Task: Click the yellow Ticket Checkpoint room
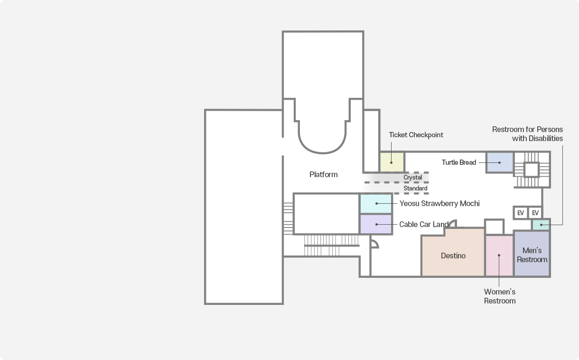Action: coord(392,162)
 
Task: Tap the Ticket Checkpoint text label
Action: coord(416,135)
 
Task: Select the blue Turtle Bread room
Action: coord(500,162)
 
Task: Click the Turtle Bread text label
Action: coord(458,162)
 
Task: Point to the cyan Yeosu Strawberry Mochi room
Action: coord(376,203)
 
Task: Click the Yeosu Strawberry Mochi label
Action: coord(439,203)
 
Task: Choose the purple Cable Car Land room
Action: coord(376,224)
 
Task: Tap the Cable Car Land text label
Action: coord(423,224)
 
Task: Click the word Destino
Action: coord(453,256)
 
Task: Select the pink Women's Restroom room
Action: coord(499,256)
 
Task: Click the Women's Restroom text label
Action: coord(500,296)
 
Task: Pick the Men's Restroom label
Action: coord(532,255)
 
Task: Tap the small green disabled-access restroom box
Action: coord(541,225)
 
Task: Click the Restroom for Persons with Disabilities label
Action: coord(527,134)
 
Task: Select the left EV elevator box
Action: coord(521,213)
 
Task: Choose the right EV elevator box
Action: coord(535,213)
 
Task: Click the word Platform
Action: coord(323,174)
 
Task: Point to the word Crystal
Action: coord(412,178)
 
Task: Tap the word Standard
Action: coord(415,189)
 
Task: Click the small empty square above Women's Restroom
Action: coord(494,227)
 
